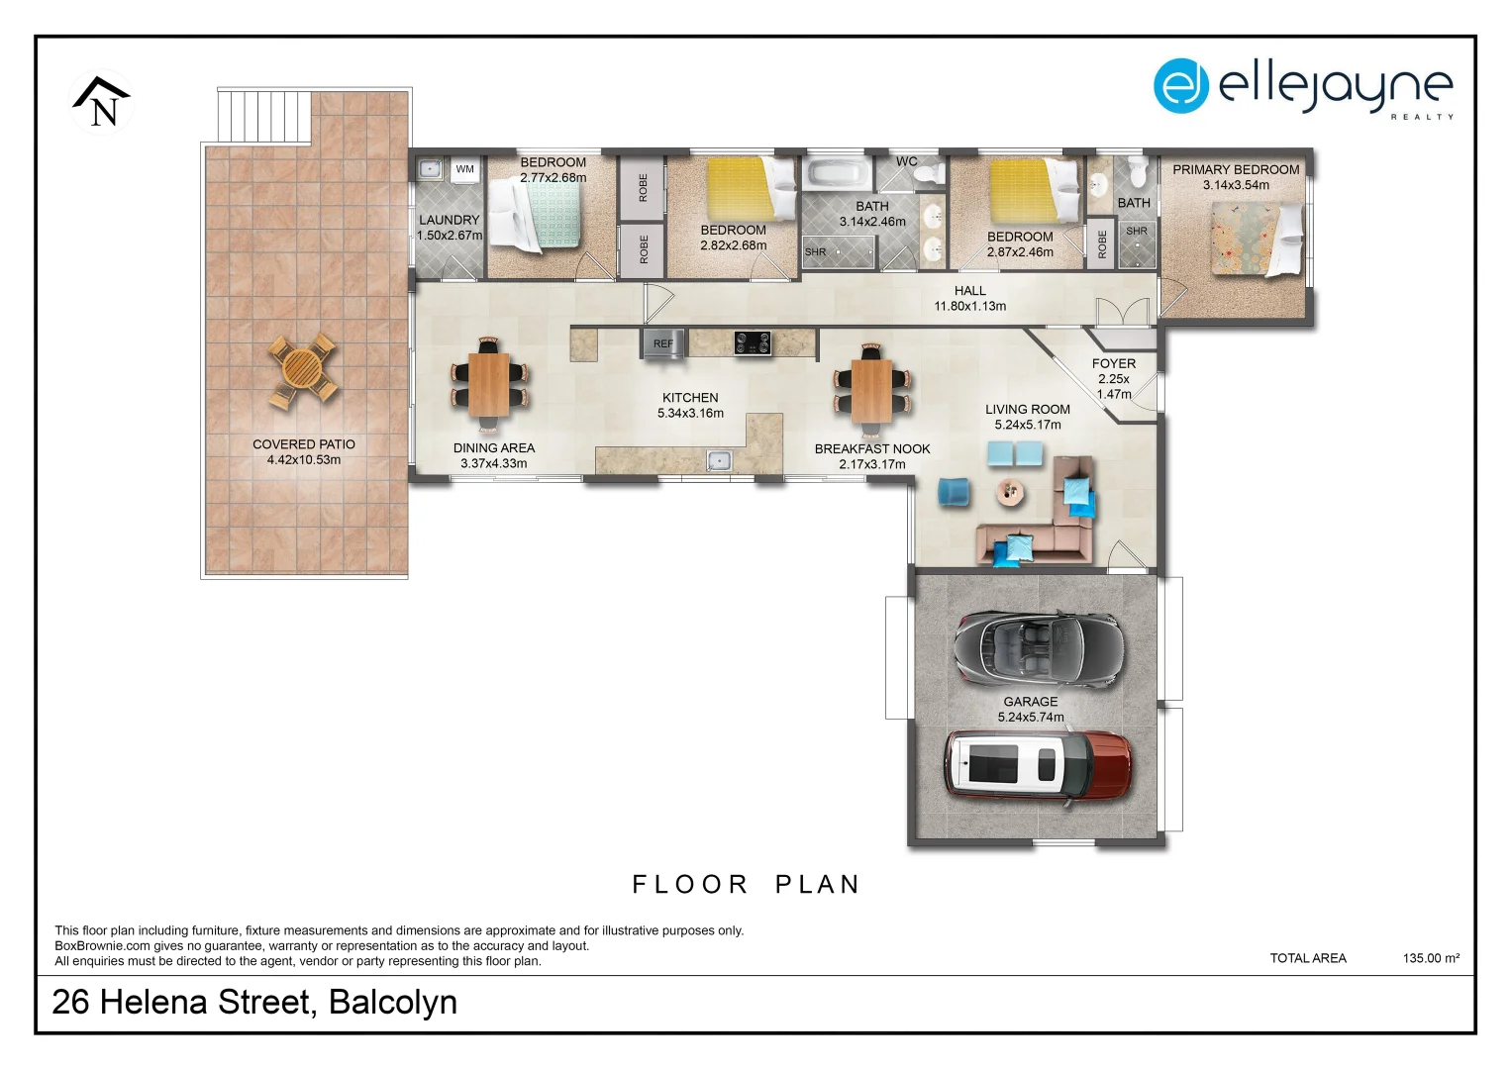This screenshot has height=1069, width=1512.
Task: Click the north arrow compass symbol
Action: pyautogui.click(x=101, y=102)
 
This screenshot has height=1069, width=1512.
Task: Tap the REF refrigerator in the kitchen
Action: pyautogui.click(x=662, y=343)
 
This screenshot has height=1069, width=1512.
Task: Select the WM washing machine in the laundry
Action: pyautogui.click(x=464, y=169)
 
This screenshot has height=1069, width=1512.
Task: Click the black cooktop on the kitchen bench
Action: pyautogui.click(x=752, y=342)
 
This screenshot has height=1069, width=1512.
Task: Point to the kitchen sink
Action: pyautogui.click(x=719, y=461)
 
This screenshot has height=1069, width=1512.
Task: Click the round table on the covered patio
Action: pyautogui.click(x=302, y=370)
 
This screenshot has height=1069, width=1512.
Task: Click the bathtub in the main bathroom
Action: pyautogui.click(x=838, y=173)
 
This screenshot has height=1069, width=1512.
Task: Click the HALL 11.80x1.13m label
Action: pyautogui.click(x=970, y=298)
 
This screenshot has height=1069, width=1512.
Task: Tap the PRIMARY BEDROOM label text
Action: pyautogui.click(x=1236, y=169)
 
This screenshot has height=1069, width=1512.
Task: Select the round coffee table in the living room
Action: pyautogui.click(x=1010, y=492)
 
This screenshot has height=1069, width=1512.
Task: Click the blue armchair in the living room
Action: pyautogui.click(x=954, y=491)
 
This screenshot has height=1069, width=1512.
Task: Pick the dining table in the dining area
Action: pyautogui.click(x=489, y=385)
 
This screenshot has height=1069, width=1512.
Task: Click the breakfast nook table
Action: pyautogui.click(x=871, y=391)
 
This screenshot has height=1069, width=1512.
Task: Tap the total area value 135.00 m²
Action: pyautogui.click(x=1431, y=958)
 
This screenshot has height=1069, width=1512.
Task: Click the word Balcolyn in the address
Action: pyautogui.click(x=393, y=1002)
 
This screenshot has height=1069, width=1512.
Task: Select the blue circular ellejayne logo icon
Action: pyautogui.click(x=1180, y=86)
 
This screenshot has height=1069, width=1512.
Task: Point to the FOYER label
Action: pyautogui.click(x=1114, y=364)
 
